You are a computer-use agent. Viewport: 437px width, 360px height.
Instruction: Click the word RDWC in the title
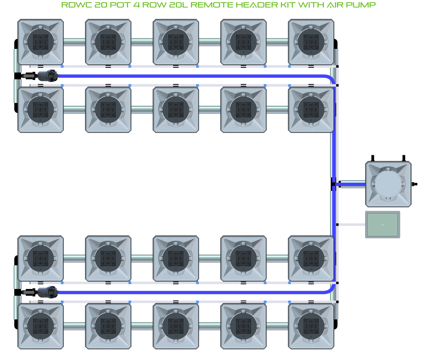click(75, 5)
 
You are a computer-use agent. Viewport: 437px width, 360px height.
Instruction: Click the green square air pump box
click(383, 224)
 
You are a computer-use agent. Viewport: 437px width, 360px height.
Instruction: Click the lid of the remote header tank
click(388, 184)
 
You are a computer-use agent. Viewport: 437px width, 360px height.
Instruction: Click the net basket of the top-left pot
click(41, 42)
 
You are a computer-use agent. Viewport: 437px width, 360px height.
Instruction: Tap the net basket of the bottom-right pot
click(311, 326)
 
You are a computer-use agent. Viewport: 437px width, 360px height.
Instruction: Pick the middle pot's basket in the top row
click(176, 42)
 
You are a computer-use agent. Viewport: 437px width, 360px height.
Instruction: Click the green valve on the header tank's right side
click(414, 184)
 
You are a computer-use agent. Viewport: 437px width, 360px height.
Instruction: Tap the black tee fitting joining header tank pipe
click(333, 184)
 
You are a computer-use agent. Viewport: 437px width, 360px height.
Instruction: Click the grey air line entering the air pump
click(351, 225)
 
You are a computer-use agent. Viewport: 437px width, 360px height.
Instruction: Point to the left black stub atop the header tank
click(373, 158)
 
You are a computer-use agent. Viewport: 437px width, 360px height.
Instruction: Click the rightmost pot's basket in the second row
click(311, 109)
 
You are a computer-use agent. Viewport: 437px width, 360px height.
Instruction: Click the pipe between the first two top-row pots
click(74, 42)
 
